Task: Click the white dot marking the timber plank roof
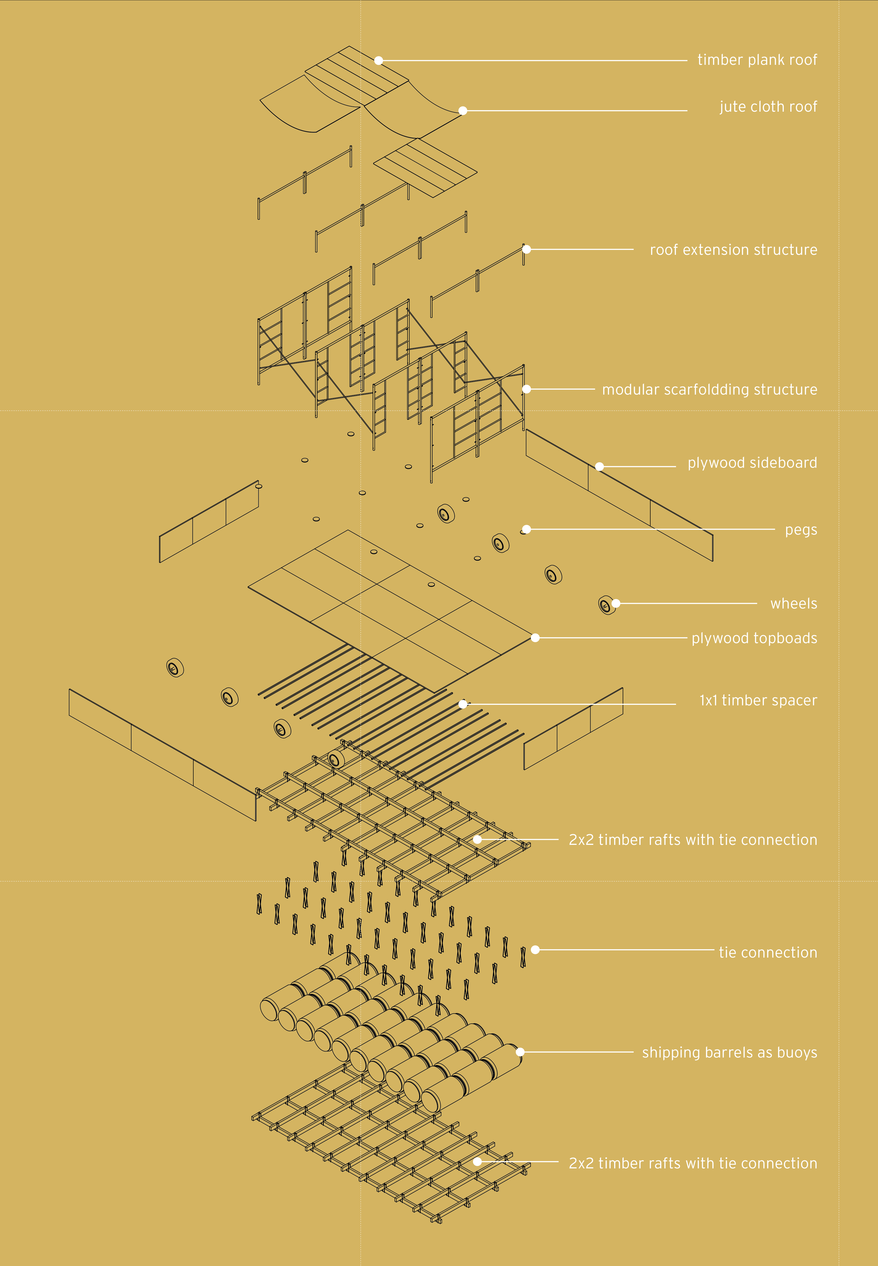point(378,61)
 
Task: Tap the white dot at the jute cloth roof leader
point(463,111)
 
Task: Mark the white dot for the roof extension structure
point(526,249)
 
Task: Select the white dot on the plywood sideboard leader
point(600,467)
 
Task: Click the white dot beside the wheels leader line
point(616,604)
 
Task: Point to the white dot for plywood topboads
point(535,638)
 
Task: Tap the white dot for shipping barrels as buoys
point(520,1052)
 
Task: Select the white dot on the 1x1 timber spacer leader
point(463,704)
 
